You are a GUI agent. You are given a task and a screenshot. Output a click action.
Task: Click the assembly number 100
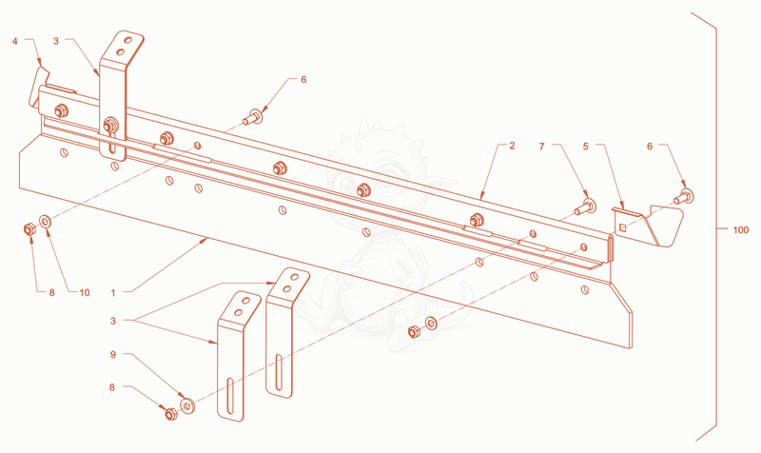741,229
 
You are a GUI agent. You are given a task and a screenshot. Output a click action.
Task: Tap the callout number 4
15,41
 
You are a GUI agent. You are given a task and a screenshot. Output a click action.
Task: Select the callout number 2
512,146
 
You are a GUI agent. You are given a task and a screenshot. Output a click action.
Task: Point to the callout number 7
541,147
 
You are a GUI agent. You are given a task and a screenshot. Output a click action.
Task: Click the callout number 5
585,147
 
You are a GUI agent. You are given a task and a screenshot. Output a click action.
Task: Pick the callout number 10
85,292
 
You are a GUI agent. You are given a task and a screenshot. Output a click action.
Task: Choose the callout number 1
113,293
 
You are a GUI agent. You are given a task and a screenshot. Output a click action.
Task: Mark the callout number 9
113,354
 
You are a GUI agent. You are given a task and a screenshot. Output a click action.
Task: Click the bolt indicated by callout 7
585,207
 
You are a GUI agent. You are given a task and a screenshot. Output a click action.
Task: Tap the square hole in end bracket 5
623,226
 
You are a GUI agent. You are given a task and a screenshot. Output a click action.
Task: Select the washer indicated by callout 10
45,222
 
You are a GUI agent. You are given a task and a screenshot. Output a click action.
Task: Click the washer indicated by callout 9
187,404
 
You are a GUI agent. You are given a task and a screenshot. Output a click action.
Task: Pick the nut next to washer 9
170,414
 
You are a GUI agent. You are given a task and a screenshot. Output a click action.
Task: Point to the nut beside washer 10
29,228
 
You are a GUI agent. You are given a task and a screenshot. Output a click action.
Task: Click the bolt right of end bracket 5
684,197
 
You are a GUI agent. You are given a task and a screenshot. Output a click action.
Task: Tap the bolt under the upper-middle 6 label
253,117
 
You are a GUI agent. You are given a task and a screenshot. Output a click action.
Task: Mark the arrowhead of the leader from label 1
206,238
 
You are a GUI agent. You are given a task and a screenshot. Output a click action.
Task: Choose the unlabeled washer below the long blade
431,323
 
